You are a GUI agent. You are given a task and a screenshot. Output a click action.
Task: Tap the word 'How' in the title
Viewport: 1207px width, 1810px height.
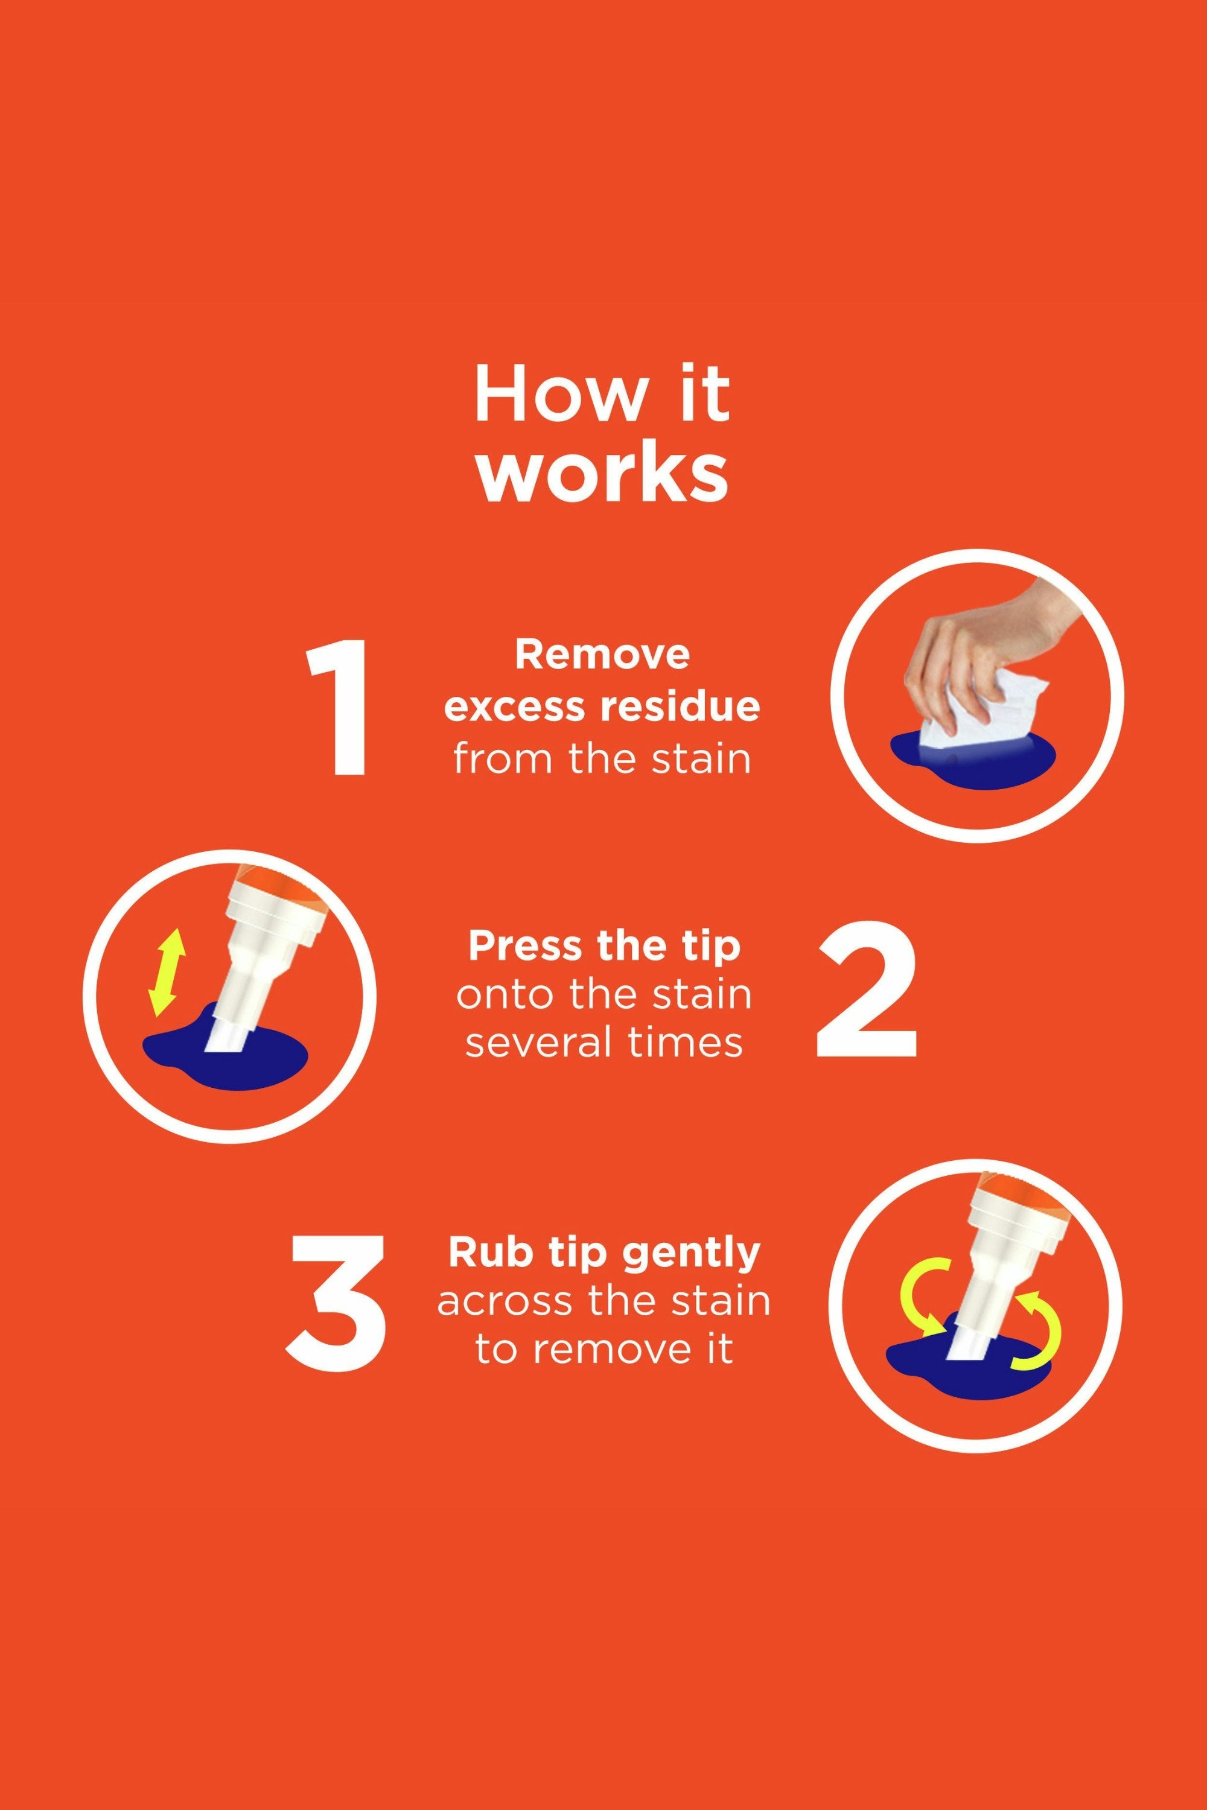pos(561,394)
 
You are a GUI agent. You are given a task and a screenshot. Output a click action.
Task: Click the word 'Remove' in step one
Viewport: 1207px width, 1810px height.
pos(602,655)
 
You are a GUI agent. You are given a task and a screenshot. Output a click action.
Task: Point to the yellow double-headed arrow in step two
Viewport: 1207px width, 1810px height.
pos(167,973)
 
